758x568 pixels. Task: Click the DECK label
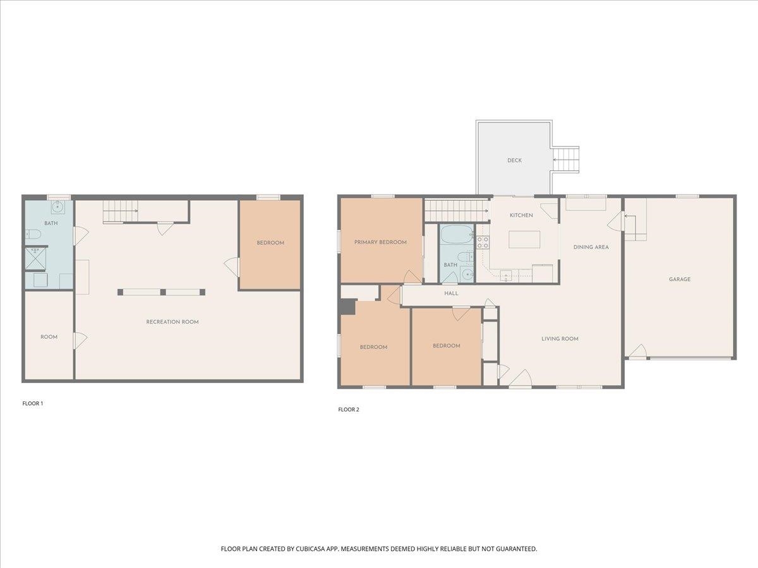pos(514,160)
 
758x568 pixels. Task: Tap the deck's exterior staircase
pos(567,159)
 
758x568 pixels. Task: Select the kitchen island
pos(524,239)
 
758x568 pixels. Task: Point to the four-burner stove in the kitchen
pos(483,242)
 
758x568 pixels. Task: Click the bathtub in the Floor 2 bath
pos(456,235)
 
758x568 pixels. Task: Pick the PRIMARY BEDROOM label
pos(380,242)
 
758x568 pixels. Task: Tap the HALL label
pos(451,293)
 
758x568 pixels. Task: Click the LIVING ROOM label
pos(560,339)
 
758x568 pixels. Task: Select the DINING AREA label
pos(591,247)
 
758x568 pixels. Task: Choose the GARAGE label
pos(680,279)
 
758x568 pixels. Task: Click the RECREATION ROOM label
pos(172,322)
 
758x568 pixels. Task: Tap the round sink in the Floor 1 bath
pos(57,206)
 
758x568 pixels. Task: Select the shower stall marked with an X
pos(32,258)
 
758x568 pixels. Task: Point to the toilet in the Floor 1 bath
pos(34,235)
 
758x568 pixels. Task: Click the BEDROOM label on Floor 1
pos(270,242)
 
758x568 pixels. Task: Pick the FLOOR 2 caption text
pos(348,410)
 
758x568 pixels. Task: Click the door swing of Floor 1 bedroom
pos(231,267)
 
